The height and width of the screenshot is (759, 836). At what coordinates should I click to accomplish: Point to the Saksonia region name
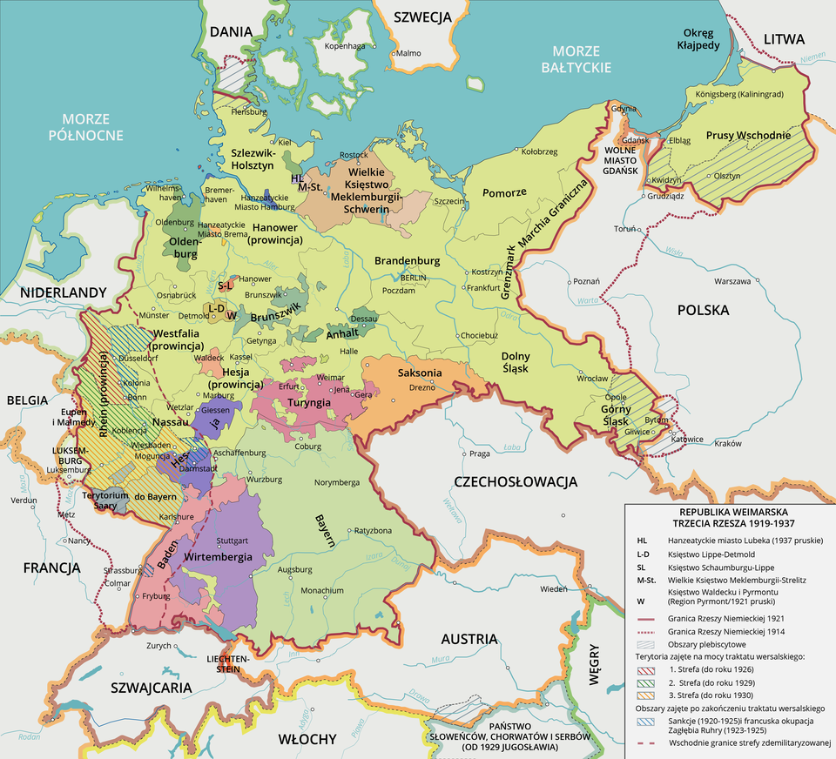[x=421, y=373]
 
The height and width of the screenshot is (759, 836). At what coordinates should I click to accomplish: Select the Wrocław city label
[x=593, y=379]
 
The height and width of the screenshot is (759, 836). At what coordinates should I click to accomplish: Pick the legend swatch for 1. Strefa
[x=645, y=669]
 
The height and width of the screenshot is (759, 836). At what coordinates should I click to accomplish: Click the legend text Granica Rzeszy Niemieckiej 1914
[x=729, y=629]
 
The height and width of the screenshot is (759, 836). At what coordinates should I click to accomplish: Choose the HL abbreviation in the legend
[x=642, y=541]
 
